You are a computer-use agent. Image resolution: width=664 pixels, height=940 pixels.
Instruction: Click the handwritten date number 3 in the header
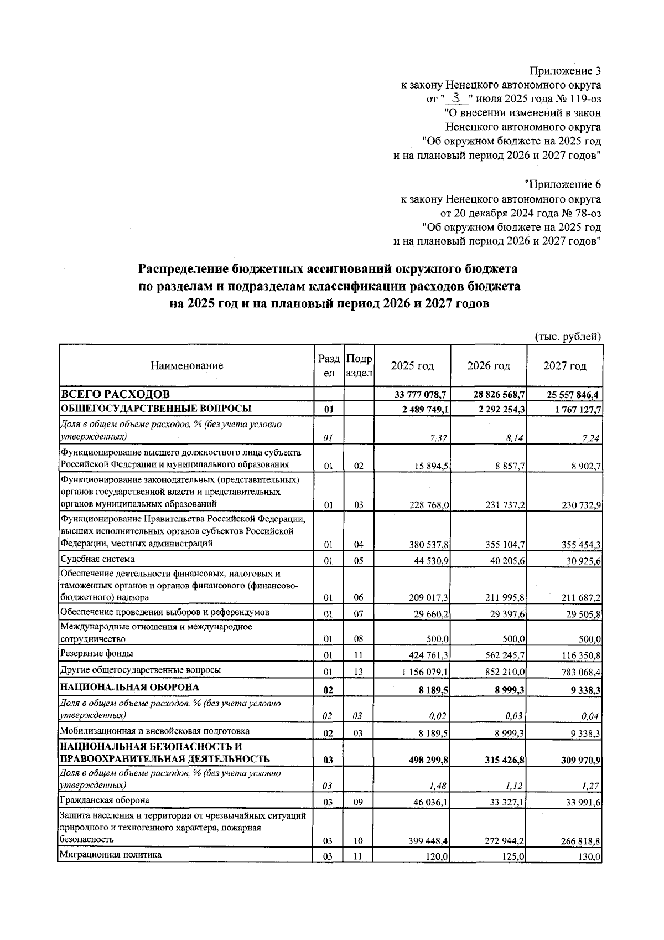(x=456, y=99)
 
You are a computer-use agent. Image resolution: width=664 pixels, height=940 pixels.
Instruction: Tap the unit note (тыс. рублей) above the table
(x=568, y=336)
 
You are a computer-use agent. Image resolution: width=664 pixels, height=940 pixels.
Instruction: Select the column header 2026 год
(x=488, y=366)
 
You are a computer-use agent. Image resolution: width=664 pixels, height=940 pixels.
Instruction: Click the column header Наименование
(x=186, y=366)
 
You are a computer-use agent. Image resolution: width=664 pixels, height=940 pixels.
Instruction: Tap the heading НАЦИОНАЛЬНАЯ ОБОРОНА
(x=129, y=687)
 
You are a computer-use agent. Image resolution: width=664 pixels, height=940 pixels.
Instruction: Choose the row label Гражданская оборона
(x=105, y=800)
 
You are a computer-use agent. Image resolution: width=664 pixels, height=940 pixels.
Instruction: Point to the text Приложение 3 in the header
(x=565, y=71)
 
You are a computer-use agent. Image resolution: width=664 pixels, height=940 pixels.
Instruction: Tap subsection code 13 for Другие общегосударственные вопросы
(x=358, y=672)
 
